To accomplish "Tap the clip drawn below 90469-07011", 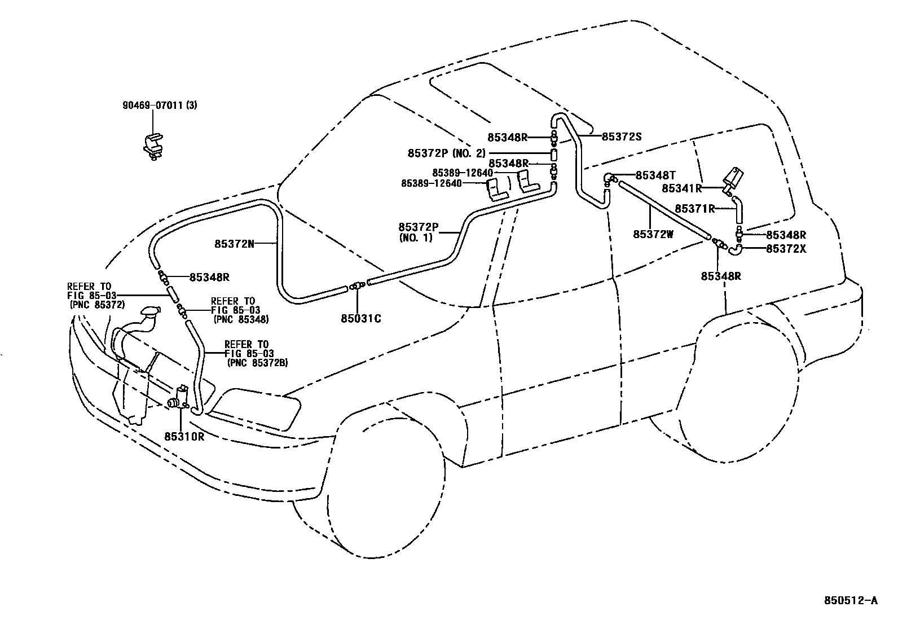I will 152,146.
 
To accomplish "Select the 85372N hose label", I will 234,244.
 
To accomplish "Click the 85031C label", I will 361,319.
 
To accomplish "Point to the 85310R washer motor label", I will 184,436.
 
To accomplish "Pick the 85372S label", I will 622,137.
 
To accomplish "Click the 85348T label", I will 655,175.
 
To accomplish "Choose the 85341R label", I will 681,188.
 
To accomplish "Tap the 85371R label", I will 694,209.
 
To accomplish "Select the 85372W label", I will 653,234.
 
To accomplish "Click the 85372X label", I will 786,248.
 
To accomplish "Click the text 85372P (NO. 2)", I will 446,153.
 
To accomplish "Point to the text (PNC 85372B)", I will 257,363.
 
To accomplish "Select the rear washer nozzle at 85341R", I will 733,177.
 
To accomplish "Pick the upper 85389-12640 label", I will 463,173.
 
